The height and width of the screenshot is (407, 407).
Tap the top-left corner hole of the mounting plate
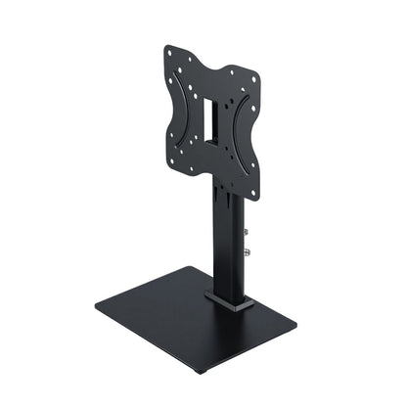pyautogui.click(x=169, y=51)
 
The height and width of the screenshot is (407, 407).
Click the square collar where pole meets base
pyautogui.click(x=229, y=297)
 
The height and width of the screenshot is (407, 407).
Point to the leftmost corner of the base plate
pyautogui.click(x=96, y=311)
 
